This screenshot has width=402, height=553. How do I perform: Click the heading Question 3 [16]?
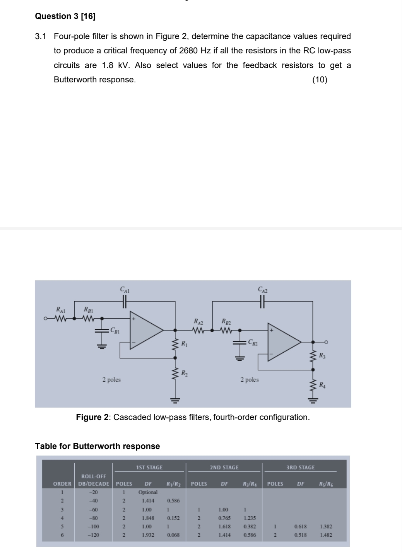[x=65, y=16]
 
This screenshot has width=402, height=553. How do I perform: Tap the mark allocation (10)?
[x=320, y=80]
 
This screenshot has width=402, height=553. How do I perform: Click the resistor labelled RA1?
[x=61, y=319]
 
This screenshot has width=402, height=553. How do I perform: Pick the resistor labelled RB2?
[x=226, y=330]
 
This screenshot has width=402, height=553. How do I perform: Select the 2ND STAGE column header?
[x=224, y=468]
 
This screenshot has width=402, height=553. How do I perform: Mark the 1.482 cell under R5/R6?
[x=326, y=535]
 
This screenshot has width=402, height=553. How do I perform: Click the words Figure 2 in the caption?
[x=92, y=417]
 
